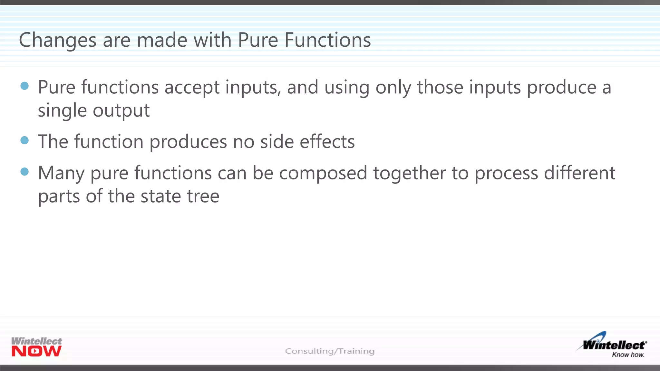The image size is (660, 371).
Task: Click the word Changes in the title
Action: tap(58, 40)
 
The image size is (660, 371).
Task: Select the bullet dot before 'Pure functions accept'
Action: tap(24, 86)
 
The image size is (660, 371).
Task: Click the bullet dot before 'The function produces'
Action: tap(24, 140)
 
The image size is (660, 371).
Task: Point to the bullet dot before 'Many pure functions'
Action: tap(24, 171)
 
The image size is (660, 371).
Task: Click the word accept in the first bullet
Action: tap(192, 88)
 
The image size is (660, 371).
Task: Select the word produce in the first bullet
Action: tap(562, 88)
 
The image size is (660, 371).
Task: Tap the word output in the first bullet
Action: tap(121, 111)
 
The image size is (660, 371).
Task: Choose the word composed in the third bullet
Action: tap(323, 173)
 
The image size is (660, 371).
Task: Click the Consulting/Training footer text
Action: tap(330, 351)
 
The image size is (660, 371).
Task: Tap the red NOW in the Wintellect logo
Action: tap(36, 351)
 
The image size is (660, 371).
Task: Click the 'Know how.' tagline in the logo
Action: tap(628, 355)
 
